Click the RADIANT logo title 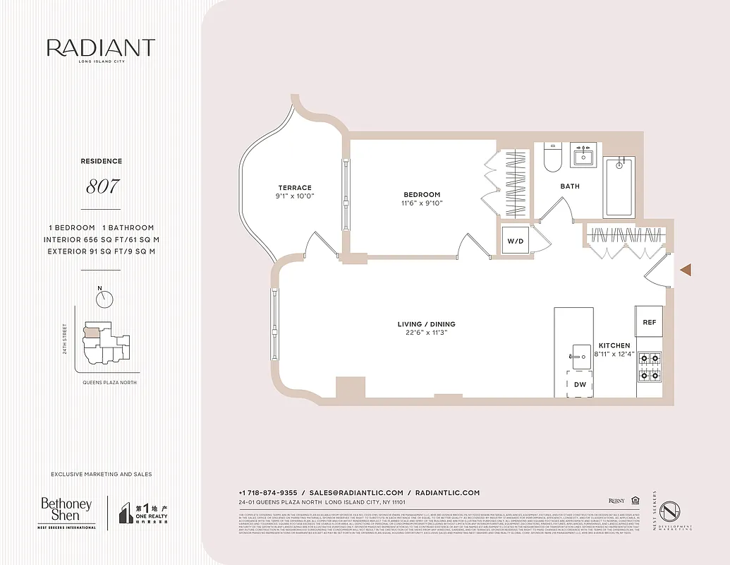click(100, 48)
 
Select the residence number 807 click(102, 187)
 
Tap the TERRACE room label click(294, 188)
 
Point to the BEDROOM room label click(422, 195)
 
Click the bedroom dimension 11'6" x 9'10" click(422, 203)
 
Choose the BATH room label click(570, 186)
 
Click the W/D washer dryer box click(516, 241)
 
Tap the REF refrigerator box click(649, 322)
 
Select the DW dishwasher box click(580, 385)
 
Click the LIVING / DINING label click(426, 324)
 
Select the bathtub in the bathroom click(619, 186)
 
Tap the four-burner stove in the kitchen click(649, 367)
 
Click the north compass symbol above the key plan click(105, 299)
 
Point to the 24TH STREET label click(64, 339)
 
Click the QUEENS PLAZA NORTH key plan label click(109, 382)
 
